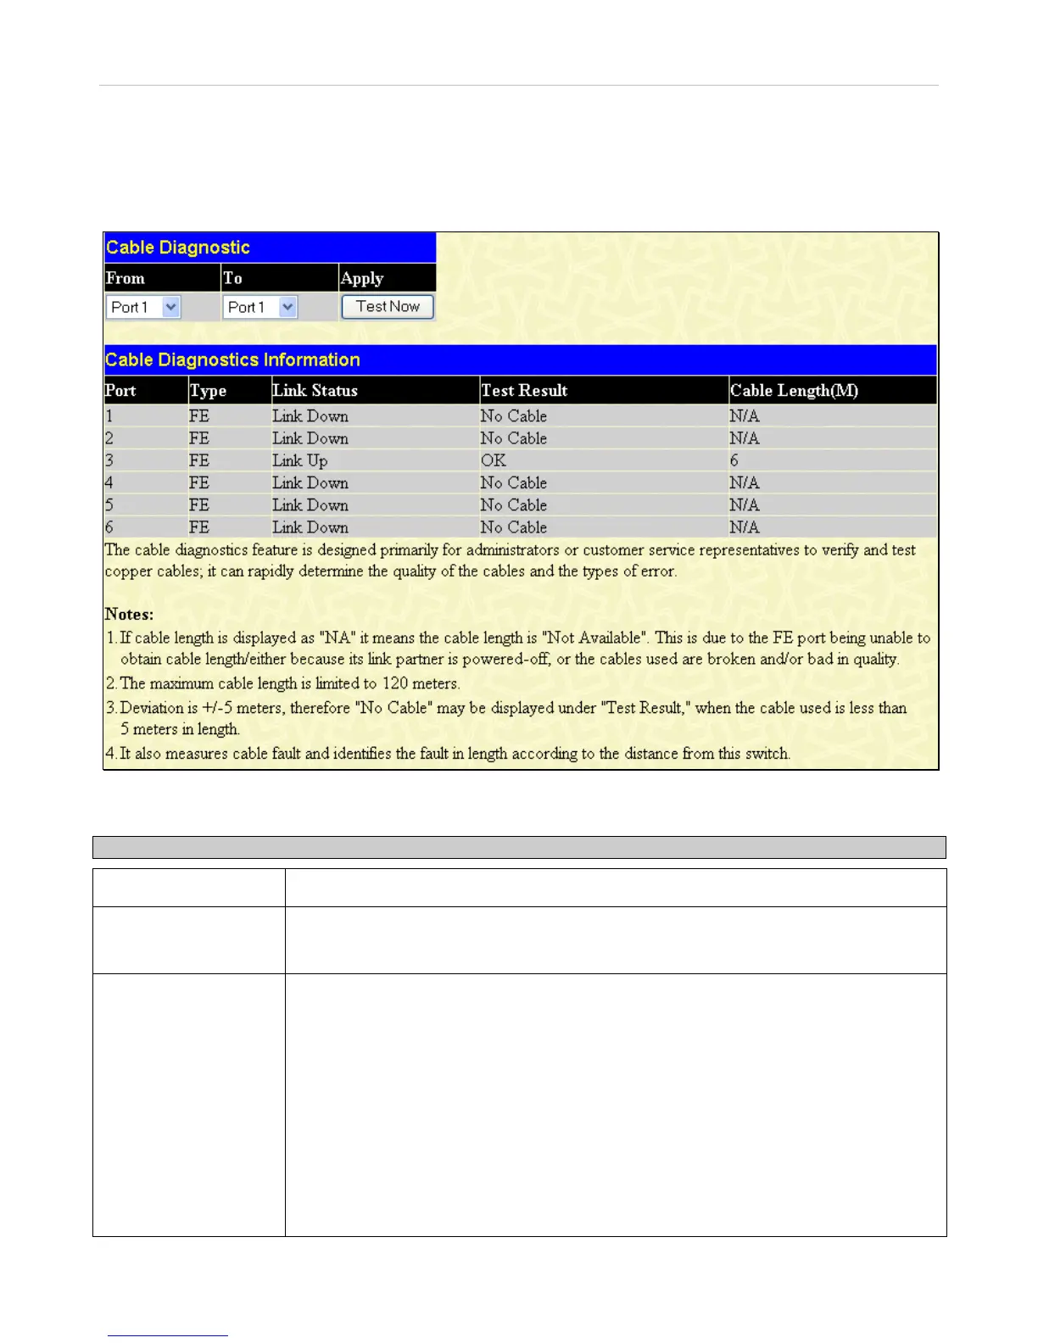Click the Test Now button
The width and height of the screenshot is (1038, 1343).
388,307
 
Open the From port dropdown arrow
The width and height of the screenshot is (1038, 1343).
171,307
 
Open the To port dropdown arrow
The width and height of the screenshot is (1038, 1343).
288,307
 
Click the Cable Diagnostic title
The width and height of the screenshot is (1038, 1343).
178,248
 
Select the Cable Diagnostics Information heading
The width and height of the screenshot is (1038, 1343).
232,359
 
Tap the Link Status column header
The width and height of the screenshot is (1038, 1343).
315,391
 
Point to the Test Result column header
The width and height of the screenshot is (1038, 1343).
524,391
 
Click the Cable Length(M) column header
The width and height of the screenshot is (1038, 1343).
794,391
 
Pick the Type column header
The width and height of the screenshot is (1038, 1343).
208,391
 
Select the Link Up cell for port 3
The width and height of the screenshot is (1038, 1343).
299,460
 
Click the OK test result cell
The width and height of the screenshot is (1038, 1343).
493,460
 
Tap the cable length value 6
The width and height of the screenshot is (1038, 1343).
734,460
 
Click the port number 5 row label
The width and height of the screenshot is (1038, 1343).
109,505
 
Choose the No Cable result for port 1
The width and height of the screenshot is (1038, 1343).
513,416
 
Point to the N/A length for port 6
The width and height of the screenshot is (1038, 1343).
745,527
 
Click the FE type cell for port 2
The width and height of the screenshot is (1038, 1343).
199,438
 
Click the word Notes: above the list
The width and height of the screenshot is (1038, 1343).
129,614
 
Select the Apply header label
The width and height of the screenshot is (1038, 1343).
362,278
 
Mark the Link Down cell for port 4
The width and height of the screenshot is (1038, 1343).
310,483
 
